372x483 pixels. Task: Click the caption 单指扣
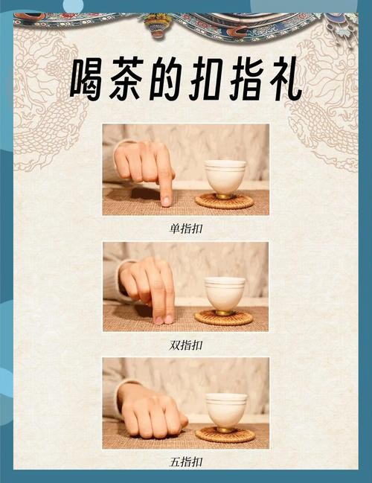(186, 229)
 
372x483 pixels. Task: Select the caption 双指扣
(186, 345)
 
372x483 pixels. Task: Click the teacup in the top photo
(225, 177)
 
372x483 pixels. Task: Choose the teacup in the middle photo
(225, 292)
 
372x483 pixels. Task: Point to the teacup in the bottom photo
(226, 409)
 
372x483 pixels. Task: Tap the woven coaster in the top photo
(224, 201)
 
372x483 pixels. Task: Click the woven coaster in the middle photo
(223, 318)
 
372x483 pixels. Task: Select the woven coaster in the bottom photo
(225, 434)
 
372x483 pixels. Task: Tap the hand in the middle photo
(150, 287)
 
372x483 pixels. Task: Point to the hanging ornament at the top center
(157, 26)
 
